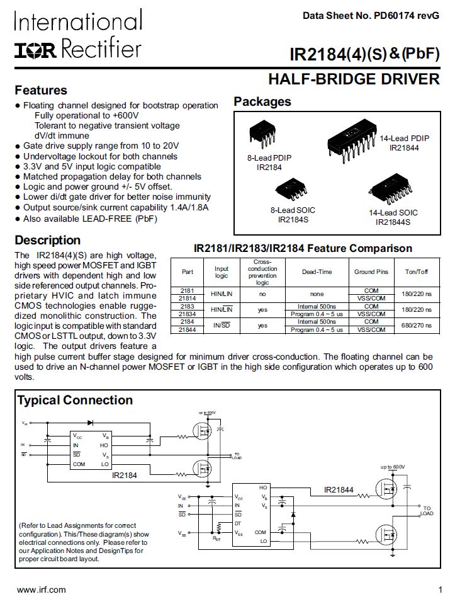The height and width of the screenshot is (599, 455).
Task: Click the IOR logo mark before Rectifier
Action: pyautogui.click(x=37, y=49)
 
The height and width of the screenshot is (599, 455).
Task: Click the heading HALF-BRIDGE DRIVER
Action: pyautogui.click(x=354, y=79)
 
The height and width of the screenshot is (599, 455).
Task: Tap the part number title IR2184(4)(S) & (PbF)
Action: pyautogui.click(x=364, y=54)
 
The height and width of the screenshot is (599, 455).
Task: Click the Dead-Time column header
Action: pyautogui.click(x=316, y=271)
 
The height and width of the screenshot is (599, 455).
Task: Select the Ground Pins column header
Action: pyautogui.click(x=371, y=271)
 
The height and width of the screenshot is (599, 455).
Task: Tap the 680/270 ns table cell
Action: pyautogui.click(x=418, y=326)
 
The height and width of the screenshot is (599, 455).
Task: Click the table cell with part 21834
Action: pyautogui.click(x=188, y=313)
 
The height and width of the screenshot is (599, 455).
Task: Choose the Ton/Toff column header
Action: pyautogui.click(x=418, y=271)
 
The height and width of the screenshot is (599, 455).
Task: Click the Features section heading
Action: pyautogui.click(x=41, y=90)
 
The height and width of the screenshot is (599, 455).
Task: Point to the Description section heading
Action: pyautogui.click(x=48, y=240)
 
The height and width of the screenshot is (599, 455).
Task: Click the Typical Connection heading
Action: pyautogui.click(x=75, y=400)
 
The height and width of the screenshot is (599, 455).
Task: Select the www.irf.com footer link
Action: pyautogui.click(x=41, y=589)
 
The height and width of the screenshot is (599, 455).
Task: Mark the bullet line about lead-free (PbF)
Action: pyautogui.click(x=90, y=219)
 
